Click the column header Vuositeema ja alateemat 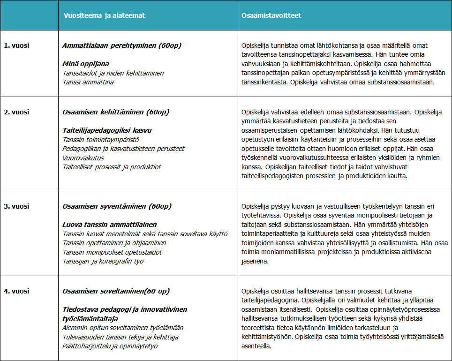105,15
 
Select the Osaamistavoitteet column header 271,15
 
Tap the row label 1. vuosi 16,45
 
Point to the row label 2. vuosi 16,112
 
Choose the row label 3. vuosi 16,206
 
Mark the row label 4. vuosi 16,291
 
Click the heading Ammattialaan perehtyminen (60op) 121,45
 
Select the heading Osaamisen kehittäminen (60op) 116,112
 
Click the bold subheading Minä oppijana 86,64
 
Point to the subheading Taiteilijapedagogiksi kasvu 107,130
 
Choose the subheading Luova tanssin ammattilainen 109,225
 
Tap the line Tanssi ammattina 88,82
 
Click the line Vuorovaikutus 83,158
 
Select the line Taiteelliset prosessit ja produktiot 112,167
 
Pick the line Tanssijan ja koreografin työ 103,261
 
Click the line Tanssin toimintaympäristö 101,140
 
